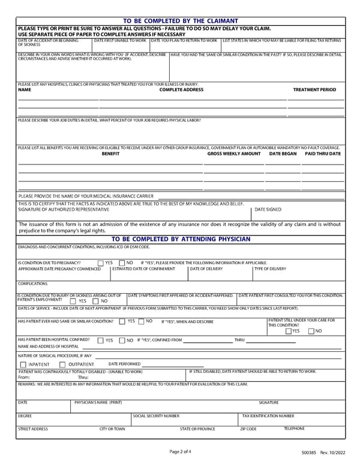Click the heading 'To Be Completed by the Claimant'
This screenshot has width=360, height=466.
point(181,21)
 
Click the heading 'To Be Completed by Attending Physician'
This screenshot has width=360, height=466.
point(181,239)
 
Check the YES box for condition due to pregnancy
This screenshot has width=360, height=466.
point(101,263)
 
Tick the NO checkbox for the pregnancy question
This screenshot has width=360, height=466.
point(122,263)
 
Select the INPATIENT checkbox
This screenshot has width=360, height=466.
point(23,365)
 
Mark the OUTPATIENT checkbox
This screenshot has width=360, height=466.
point(62,365)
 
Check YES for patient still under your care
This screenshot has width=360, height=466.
point(289,331)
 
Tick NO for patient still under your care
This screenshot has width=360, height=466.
point(311,331)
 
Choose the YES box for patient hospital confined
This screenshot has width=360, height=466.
point(101,340)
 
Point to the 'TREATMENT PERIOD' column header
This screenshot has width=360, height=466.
point(314,89)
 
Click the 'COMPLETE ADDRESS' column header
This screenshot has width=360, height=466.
point(181,89)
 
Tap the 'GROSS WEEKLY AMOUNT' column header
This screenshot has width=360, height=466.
point(234,154)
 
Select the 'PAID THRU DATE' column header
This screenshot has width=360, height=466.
point(323,154)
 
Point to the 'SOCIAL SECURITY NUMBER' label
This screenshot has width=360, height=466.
point(156,416)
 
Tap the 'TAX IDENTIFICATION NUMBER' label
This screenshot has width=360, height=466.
point(268,416)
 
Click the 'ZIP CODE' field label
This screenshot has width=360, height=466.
point(248,429)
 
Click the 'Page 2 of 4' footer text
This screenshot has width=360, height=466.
point(181,451)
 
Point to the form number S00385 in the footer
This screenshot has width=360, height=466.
point(311,452)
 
